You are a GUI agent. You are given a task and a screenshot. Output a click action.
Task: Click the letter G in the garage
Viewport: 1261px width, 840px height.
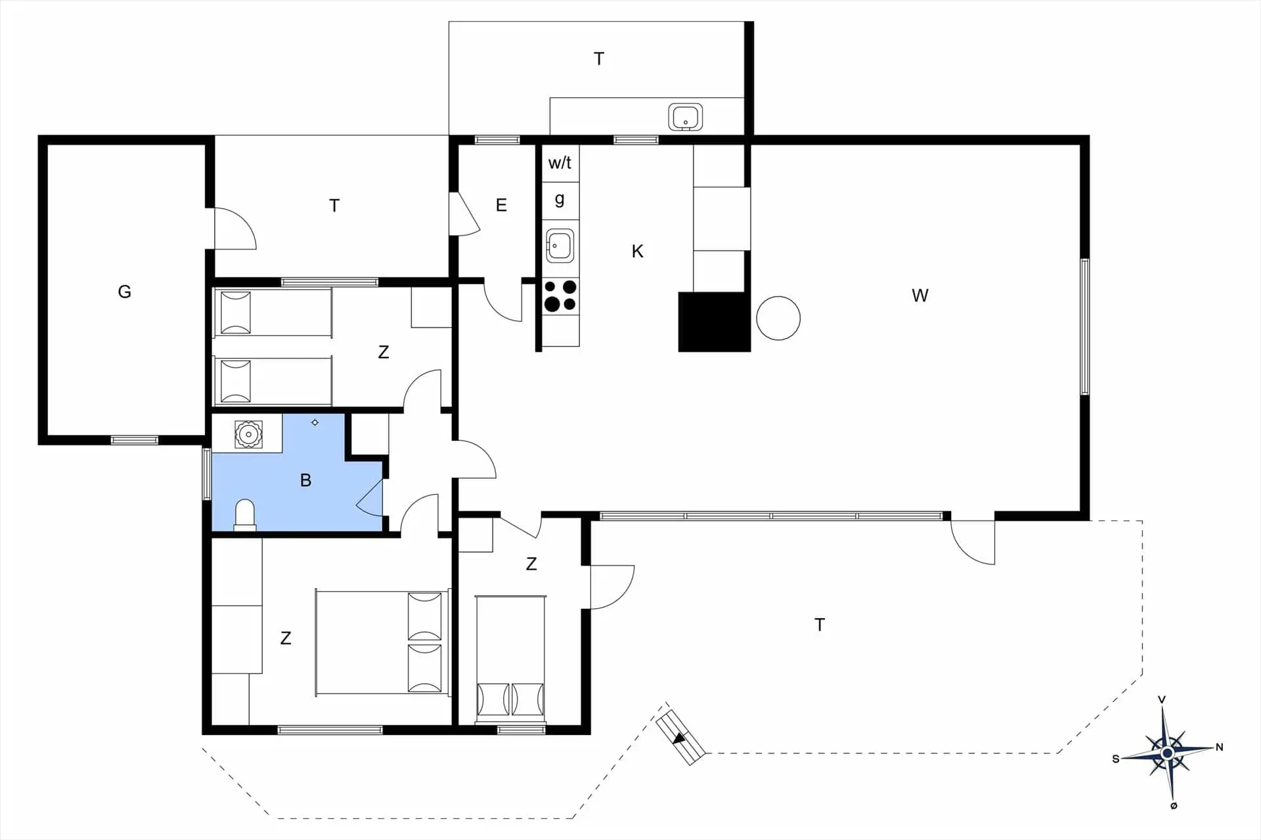point(124,291)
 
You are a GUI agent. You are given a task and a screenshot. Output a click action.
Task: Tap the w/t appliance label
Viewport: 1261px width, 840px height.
point(560,163)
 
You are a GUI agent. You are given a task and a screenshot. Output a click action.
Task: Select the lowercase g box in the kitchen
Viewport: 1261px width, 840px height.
point(560,199)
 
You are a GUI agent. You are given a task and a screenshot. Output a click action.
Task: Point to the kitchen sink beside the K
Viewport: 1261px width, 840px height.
point(559,245)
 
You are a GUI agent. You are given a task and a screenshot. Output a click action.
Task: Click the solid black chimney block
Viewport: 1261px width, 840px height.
point(714,322)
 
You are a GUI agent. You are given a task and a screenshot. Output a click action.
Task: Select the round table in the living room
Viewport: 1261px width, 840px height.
point(778,318)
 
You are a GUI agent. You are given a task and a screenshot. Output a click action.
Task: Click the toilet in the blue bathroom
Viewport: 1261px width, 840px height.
point(245,514)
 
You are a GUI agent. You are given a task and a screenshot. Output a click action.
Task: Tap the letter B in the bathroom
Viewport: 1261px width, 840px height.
point(305,480)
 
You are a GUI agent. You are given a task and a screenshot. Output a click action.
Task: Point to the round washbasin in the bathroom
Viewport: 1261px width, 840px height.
point(248,434)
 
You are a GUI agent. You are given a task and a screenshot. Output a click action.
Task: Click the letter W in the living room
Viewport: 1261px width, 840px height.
point(919,295)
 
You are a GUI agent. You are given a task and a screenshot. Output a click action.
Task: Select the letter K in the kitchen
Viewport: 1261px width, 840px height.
point(637,251)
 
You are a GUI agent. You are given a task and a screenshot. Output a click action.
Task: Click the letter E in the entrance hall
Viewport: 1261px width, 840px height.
point(501,205)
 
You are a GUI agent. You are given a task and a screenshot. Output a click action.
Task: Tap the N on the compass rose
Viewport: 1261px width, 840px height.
point(1220,747)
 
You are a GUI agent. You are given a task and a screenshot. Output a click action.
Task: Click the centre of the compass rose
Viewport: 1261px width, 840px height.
point(1167,753)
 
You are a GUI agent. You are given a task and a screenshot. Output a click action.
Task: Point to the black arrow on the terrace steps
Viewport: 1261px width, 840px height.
point(680,738)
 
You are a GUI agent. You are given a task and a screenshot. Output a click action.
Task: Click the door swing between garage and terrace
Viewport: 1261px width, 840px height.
point(233,229)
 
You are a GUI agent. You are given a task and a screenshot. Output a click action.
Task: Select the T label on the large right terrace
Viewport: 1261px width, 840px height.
point(819,625)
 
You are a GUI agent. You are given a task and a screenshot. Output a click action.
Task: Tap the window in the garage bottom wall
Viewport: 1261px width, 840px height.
point(134,440)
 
